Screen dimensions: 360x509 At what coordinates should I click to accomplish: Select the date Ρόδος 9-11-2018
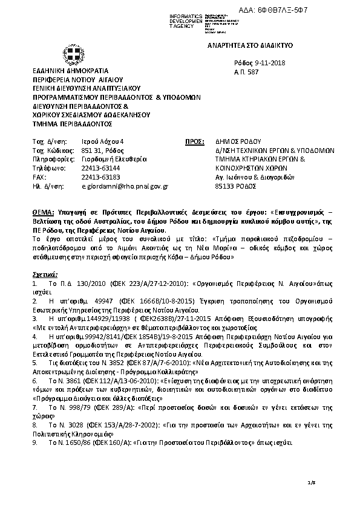[260, 63]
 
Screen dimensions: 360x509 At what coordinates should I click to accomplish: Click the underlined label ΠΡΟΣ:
[193, 141]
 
